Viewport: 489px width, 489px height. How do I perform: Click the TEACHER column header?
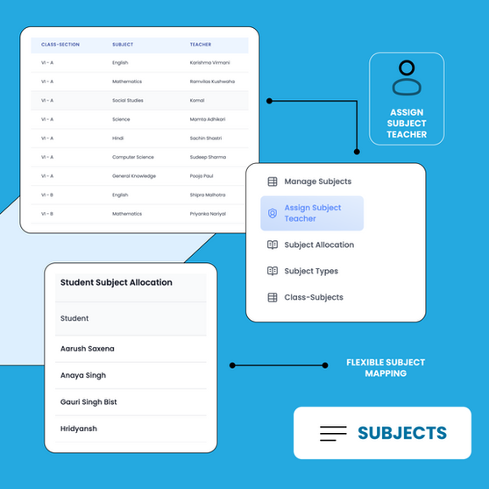point(201,45)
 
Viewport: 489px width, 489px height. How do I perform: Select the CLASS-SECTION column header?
point(60,45)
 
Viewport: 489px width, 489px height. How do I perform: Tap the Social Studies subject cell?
point(128,101)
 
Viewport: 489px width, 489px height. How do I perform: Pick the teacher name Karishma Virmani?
point(209,63)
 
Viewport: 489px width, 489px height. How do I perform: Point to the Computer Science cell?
point(133,157)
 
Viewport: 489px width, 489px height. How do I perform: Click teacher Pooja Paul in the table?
point(202,176)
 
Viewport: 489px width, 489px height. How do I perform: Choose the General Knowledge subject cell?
point(134,176)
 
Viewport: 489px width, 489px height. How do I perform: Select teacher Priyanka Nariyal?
point(208,214)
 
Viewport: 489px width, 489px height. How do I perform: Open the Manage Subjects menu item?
point(318,181)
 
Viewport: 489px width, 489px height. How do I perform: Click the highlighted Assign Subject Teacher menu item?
point(312,213)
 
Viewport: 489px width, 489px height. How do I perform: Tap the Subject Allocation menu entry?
point(319,245)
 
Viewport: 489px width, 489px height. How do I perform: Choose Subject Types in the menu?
point(311,272)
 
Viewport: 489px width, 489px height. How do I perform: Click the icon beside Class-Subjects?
point(273,297)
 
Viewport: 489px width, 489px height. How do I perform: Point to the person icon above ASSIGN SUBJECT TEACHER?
point(407,78)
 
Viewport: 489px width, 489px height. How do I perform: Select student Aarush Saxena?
point(88,349)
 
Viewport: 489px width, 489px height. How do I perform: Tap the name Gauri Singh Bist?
point(89,402)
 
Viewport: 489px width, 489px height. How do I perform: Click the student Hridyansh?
point(79,429)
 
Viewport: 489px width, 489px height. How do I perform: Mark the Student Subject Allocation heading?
point(117,282)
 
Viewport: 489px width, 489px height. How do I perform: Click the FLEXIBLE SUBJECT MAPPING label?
point(386,368)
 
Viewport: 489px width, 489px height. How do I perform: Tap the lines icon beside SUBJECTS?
point(333,434)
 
